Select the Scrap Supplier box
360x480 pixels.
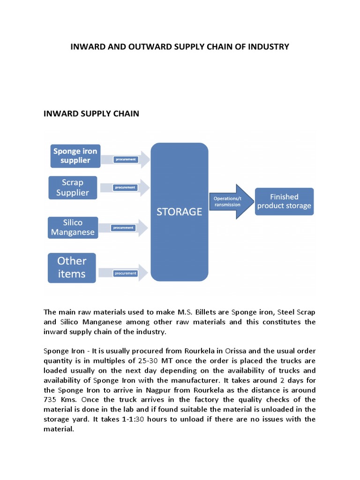tap(73, 187)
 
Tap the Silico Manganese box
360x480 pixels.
tap(73, 227)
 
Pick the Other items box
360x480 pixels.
tap(72, 267)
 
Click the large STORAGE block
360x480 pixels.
tap(180, 212)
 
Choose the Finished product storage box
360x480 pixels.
tap(284, 201)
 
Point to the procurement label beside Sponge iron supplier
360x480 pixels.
tap(125, 159)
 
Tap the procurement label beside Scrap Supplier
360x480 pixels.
tap(125, 187)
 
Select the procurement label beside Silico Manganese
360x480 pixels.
tap(123, 228)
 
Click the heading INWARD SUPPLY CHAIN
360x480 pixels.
tap(91, 114)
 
